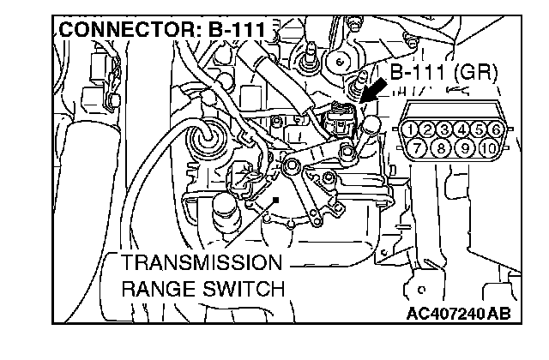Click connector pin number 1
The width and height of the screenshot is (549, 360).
click(x=413, y=129)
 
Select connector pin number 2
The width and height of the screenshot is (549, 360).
click(x=429, y=129)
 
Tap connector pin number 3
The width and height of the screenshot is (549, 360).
click(x=445, y=129)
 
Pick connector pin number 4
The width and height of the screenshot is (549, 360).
click(x=462, y=129)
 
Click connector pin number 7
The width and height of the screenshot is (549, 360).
click(x=422, y=147)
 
